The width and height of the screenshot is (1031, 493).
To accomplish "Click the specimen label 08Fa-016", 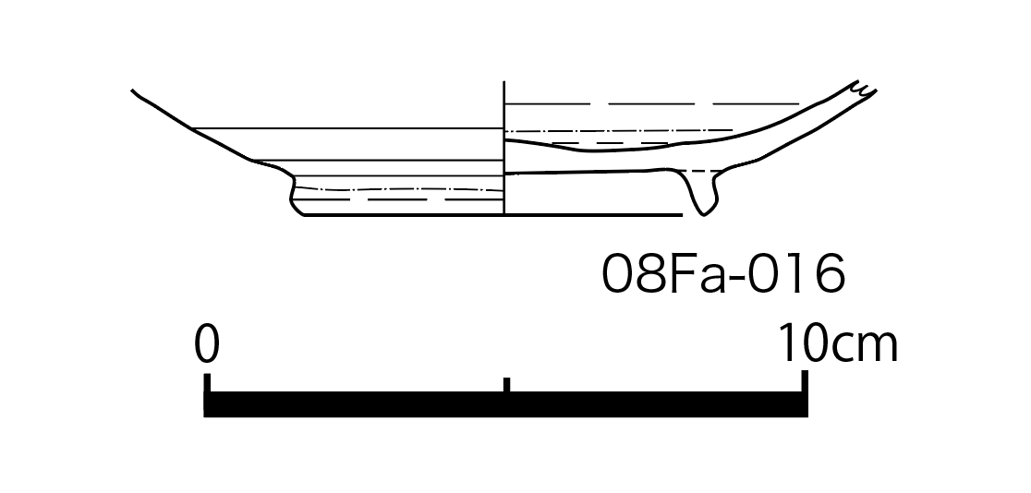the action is (x=723, y=273).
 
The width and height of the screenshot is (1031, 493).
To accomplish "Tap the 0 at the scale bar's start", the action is (x=206, y=343).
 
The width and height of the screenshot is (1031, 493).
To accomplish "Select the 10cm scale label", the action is (x=838, y=343).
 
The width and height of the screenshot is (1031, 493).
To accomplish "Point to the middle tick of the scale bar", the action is (x=506, y=385).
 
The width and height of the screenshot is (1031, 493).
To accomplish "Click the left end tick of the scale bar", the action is (x=207, y=383).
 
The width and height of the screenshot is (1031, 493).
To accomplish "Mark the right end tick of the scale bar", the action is (x=804, y=382).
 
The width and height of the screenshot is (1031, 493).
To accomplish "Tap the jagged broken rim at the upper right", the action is (x=864, y=90).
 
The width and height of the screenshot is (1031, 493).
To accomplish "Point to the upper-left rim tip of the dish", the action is (x=133, y=90).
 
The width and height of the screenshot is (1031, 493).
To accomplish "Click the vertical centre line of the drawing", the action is (x=503, y=148).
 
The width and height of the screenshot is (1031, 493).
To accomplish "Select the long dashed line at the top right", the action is (x=651, y=103).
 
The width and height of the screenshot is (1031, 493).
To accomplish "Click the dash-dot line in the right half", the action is (x=619, y=131).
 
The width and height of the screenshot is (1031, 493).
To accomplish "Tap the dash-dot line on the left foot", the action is (x=398, y=189).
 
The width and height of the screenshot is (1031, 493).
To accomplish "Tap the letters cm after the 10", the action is (x=863, y=347).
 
